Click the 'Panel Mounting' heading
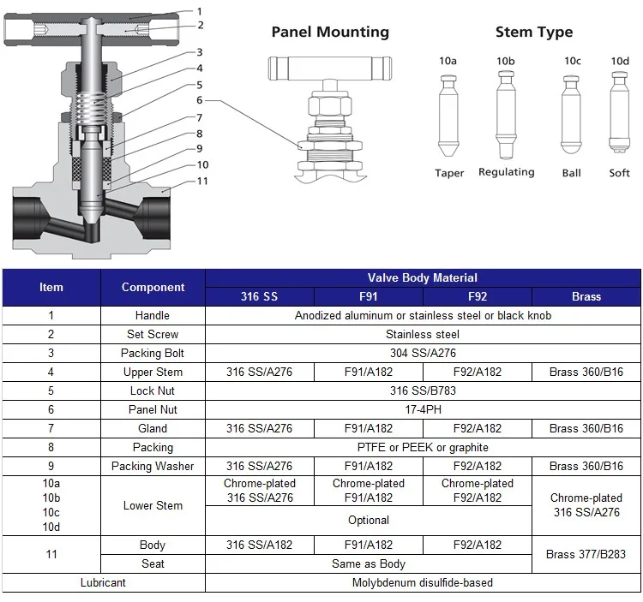[330, 33]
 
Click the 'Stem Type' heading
[533, 33]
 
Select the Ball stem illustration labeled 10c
[571, 116]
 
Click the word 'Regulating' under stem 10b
[506, 172]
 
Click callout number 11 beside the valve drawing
[202, 182]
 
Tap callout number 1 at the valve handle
[200, 11]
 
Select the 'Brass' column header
[586, 297]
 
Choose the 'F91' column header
[369, 297]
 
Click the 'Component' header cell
[153, 288]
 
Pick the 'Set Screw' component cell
[153, 334]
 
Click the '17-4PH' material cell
[423, 409]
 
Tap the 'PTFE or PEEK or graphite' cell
[423, 447]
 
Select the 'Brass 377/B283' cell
[586, 554]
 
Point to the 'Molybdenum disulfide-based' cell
[423, 582]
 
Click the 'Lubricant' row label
[103, 582]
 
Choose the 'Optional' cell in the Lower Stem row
[369, 521]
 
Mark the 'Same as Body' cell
[369, 564]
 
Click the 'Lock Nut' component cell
[153, 390]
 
